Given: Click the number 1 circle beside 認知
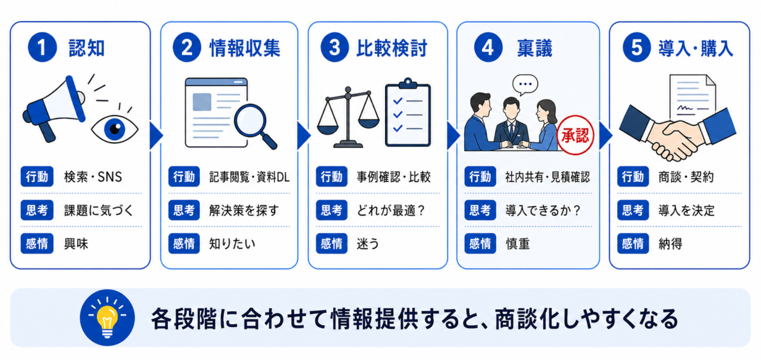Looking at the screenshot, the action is [x=42, y=47].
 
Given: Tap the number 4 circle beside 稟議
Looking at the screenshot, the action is [x=488, y=47].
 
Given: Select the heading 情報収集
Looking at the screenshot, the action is [x=245, y=48].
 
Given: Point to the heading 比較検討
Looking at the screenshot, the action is [x=392, y=48].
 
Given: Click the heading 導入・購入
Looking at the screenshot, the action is [x=696, y=48].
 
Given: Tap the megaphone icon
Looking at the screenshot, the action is [x=55, y=108].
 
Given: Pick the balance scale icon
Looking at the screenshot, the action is [x=348, y=117].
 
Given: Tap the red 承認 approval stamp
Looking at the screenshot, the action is [x=575, y=135].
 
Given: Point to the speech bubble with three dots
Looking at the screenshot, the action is [x=525, y=84].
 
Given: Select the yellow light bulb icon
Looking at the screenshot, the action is [x=107, y=318].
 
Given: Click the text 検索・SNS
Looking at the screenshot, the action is [x=93, y=177].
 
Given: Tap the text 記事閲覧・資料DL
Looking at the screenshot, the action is [x=249, y=177].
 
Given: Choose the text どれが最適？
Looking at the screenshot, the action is [x=391, y=210].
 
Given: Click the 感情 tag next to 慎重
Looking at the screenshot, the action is [x=481, y=243].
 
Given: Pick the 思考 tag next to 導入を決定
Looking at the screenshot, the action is [x=633, y=210].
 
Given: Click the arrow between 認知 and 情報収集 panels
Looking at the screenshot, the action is [x=156, y=136].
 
